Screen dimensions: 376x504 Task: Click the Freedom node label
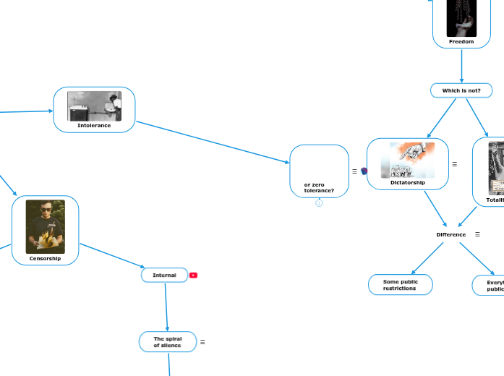coord(461,42)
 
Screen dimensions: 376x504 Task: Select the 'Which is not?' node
coord(461,90)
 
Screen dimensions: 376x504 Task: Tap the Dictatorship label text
coord(408,183)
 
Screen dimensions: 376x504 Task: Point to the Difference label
coord(450,234)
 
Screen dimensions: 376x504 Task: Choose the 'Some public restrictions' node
coord(400,285)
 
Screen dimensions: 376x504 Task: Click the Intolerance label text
coord(94,125)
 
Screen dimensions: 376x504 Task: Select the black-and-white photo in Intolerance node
coord(94,106)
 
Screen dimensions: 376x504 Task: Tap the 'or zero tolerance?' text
coord(319,188)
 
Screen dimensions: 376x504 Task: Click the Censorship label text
coord(45,258)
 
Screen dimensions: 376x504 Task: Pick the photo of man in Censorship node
coord(45,226)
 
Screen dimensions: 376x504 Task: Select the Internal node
coord(164,275)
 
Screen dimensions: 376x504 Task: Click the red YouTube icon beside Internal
coord(193,275)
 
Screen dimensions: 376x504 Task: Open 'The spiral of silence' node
coord(167,342)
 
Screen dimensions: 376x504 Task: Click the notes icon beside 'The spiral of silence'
coord(202,342)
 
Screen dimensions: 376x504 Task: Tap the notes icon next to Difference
coord(477,234)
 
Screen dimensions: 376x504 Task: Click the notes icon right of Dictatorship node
coord(454,164)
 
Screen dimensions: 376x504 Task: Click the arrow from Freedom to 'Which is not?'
coord(461,65)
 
